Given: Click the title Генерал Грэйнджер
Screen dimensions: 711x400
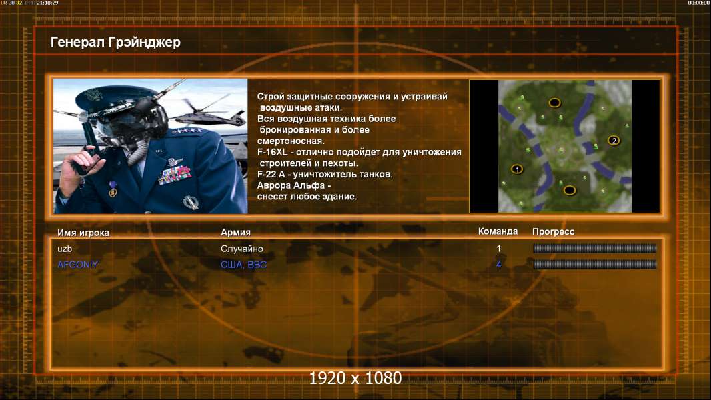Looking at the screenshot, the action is tap(115, 42).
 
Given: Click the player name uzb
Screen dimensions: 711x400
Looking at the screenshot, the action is tap(65, 249).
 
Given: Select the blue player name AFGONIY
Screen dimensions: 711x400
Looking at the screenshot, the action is tap(77, 265).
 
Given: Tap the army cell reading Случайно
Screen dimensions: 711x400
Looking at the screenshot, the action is tap(241, 249).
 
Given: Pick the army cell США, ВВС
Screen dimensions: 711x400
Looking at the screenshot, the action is tap(243, 265).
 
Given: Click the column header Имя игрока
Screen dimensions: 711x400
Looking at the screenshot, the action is tap(83, 233).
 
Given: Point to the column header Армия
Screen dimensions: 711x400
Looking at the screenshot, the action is tap(236, 233).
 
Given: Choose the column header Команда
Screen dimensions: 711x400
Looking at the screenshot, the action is tap(498, 231).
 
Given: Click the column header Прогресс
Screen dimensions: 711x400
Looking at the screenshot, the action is tap(553, 231).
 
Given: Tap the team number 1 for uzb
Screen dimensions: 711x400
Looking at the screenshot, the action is tap(498, 249).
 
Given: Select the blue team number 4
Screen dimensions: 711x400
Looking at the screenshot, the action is tap(498, 265).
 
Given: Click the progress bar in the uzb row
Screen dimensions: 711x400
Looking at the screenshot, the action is tap(594, 248).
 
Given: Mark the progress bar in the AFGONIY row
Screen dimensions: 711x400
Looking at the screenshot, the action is tap(594, 265).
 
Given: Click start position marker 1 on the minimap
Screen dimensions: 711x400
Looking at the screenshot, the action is tap(517, 169).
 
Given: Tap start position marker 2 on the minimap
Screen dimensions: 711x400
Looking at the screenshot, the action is tap(614, 141).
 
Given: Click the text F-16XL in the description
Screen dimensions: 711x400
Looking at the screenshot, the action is tap(272, 152).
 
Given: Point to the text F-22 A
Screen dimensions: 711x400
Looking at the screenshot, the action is tap(271, 175).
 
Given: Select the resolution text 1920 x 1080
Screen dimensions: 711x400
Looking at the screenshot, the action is tap(355, 378).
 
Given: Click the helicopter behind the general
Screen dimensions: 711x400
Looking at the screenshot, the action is tap(211, 113).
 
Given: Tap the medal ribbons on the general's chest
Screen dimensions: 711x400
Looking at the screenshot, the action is tap(175, 175).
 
